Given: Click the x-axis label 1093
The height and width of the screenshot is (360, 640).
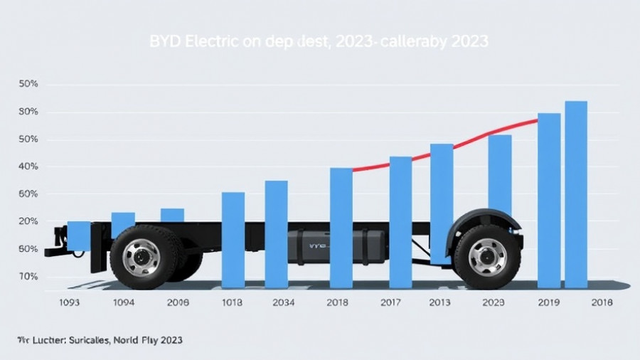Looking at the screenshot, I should tap(69, 302).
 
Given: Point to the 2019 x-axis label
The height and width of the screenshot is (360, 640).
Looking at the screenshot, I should tap(549, 302).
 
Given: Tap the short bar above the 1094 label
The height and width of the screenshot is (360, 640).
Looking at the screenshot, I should tap(123, 221).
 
